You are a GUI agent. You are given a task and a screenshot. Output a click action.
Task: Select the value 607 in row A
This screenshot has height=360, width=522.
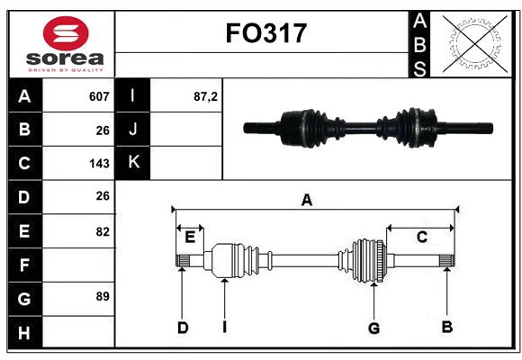[99, 96]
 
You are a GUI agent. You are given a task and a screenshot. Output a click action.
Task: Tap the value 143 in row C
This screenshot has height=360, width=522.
[99, 164]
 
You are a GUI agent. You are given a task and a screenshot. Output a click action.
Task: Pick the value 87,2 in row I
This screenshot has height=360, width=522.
[205, 96]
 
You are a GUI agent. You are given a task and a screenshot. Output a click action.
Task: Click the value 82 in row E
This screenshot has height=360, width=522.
[102, 231]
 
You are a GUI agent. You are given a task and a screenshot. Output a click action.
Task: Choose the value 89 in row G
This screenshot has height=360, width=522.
[102, 295]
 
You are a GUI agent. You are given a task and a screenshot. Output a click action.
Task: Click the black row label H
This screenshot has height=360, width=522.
[24, 333]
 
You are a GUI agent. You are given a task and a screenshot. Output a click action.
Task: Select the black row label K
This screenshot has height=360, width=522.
[133, 162]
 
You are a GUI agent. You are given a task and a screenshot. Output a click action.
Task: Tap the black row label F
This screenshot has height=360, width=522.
[24, 265]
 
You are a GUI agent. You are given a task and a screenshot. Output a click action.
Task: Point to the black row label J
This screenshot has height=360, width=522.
[133, 129]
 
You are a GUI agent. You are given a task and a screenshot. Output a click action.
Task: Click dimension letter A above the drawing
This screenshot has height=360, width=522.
[307, 200]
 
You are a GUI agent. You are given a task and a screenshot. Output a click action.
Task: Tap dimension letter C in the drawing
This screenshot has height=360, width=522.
[420, 238]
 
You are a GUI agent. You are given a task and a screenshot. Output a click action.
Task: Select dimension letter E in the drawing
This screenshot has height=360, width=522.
[190, 238]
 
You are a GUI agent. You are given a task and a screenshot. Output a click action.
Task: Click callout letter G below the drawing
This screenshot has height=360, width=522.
[373, 328]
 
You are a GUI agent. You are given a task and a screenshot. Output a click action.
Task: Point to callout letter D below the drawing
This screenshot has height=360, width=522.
[182, 328]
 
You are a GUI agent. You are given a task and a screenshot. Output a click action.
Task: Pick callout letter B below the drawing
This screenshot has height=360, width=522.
[446, 327]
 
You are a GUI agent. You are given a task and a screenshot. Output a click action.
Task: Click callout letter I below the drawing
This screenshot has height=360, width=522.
[224, 327]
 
